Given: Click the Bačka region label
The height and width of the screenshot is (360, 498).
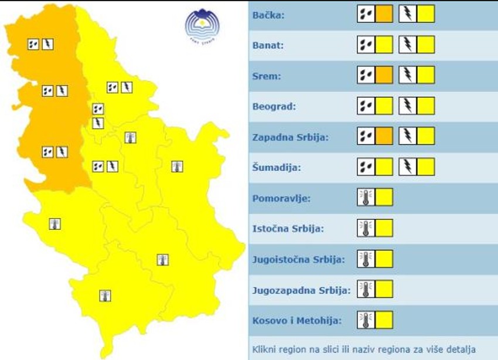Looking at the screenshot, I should (268, 15).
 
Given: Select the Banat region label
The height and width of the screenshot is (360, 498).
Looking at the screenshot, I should (269, 45).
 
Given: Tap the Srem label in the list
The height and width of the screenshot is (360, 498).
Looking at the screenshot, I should (267, 76).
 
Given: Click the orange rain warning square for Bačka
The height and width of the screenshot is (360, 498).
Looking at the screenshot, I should (384, 13).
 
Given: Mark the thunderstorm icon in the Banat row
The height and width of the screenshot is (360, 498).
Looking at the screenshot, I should (408, 45).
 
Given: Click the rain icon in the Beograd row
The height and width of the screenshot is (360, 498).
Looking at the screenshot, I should (366, 106).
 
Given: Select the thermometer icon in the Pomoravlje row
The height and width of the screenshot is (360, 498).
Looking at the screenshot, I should (366, 197).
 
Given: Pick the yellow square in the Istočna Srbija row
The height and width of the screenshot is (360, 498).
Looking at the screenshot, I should (384, 228).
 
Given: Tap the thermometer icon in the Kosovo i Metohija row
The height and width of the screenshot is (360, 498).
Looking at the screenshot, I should (366, 320).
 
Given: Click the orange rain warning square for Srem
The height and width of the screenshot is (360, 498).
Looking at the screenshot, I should (384, 75).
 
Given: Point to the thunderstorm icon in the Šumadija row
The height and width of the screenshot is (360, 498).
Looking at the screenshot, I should (408, 167).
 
